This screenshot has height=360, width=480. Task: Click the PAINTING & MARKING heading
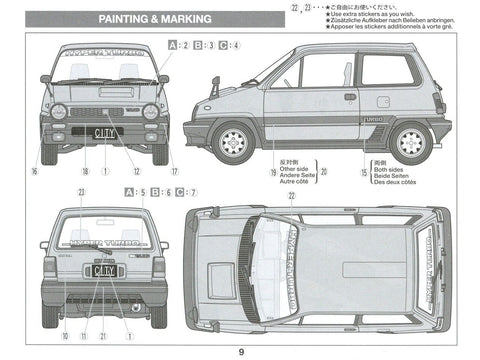pos(155,20)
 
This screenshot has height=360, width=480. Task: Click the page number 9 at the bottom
pos(240,351)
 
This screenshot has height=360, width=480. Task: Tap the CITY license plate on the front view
pos(104,131)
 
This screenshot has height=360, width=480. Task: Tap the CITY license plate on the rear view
pos(104,270)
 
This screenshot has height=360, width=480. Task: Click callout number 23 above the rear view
pos(80,191)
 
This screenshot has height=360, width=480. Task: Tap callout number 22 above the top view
pos(291,196)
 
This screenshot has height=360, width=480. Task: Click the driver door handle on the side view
pos(350,96)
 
